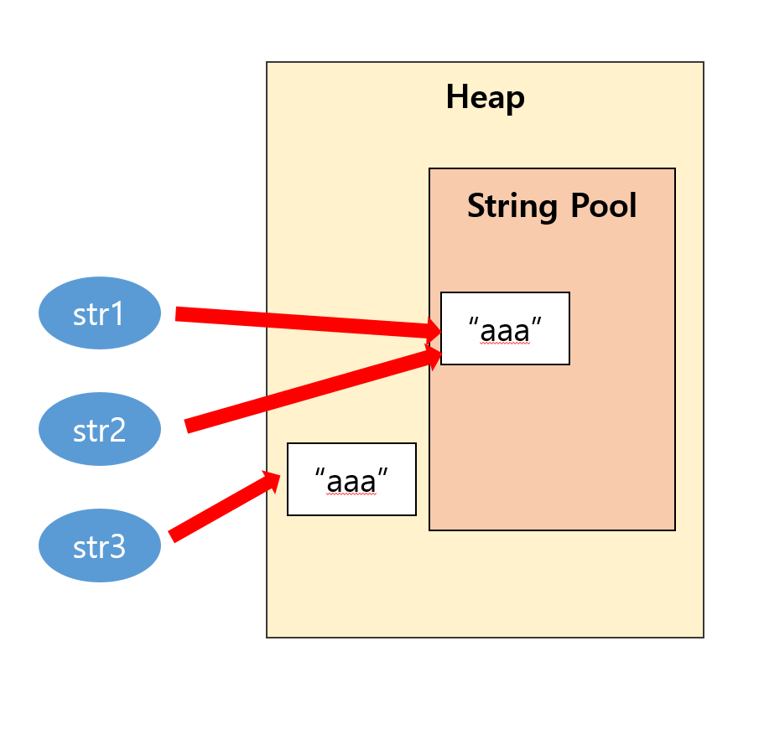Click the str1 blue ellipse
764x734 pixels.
(x=100, y=313)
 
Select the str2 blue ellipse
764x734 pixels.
(x=100, y=430)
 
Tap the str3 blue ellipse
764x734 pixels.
(x=100, y=546)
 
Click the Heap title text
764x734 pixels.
(x=485, y=97)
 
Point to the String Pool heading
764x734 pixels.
(x=552, y=205)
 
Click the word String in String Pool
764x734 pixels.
(x=511, y=205)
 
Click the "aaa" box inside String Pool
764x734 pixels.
(x=505, y=328)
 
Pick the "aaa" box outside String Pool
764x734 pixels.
(x=351, y=479)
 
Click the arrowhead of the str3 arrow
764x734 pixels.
(x=272, y=479)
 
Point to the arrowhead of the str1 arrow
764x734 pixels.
(x=434, y=330)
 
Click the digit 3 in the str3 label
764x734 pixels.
(x=118, y=547)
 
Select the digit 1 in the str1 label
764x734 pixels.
(x=118, y=314)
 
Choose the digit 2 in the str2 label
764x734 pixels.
(x=118, y=431)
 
